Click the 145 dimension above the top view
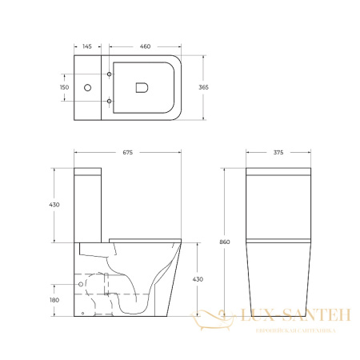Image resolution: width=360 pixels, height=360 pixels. tap(86, 47)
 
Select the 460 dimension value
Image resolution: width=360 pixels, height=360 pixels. tap(146, 47)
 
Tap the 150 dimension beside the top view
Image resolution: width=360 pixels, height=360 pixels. tap(65, 86)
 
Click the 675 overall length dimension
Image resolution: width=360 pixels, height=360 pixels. tap(127, 153)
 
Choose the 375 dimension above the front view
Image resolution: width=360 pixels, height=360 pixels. tap(277, 153)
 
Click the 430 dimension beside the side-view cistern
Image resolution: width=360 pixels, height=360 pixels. tap(56, 205)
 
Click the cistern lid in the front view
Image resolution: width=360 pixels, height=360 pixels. tap(277, 172)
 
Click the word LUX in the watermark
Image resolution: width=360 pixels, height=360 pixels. tap(260, 318)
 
